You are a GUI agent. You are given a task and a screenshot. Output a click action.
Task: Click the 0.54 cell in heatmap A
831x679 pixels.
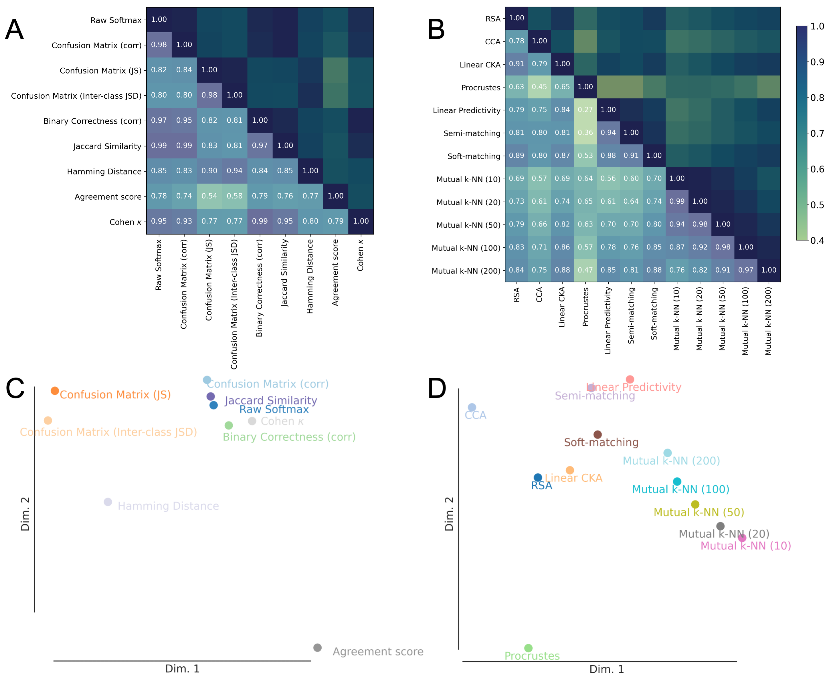(209, 196)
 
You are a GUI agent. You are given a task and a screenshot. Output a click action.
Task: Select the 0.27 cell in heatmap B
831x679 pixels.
(585, 110)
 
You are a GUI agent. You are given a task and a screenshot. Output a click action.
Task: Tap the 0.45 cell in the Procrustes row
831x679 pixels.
(539, 87)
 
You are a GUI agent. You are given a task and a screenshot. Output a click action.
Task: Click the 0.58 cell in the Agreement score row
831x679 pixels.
(234, 196)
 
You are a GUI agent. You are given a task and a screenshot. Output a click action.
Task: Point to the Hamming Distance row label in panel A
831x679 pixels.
(104, 171)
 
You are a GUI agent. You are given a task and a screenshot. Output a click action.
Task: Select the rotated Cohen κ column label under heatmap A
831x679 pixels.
(360, 255)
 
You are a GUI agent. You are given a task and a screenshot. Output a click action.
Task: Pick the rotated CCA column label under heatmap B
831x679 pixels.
(539, 295)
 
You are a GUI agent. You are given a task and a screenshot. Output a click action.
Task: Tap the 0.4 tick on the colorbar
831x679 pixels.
(817, 241)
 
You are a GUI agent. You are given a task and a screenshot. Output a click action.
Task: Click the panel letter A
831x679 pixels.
(15, 29)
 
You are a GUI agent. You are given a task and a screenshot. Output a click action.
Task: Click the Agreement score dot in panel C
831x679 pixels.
(317, 648)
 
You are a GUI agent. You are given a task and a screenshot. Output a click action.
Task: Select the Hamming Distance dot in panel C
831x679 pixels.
(108, 502)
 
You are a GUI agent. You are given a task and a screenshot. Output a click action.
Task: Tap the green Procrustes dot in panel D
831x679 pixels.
(528, 648)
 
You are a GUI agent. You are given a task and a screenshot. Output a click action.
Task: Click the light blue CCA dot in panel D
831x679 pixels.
(472, 407)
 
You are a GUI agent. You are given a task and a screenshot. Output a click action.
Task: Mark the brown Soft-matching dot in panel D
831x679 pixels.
(597, 434)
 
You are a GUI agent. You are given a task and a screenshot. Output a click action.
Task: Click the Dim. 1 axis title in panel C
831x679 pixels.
(182, 669)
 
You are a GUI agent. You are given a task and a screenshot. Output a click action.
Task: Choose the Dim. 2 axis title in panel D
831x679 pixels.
(449, 514)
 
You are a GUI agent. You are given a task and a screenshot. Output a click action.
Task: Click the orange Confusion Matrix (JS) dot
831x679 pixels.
(55, 391)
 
